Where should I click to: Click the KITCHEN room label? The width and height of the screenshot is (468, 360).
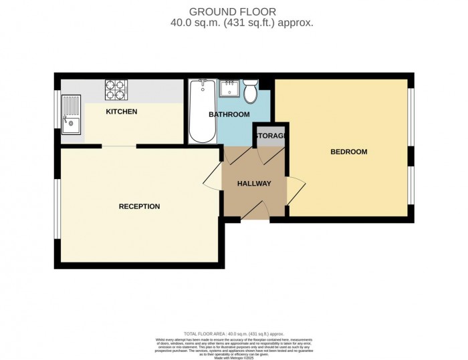[122, 112]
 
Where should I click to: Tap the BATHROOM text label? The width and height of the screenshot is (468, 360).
[229, 115]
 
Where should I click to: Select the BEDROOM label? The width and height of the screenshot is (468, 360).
[349, 152]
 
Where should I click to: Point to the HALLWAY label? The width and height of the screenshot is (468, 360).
[254, 184]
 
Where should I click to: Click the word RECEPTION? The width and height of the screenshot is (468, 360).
[139, 206]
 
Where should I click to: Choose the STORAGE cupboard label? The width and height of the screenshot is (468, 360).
[270, 136]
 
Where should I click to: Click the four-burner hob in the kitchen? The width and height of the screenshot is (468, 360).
[115, 88]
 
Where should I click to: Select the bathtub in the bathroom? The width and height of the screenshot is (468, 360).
[200, 112]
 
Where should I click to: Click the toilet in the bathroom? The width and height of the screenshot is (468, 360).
[251, 92]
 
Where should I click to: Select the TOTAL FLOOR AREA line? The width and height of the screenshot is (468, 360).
[234, 333]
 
